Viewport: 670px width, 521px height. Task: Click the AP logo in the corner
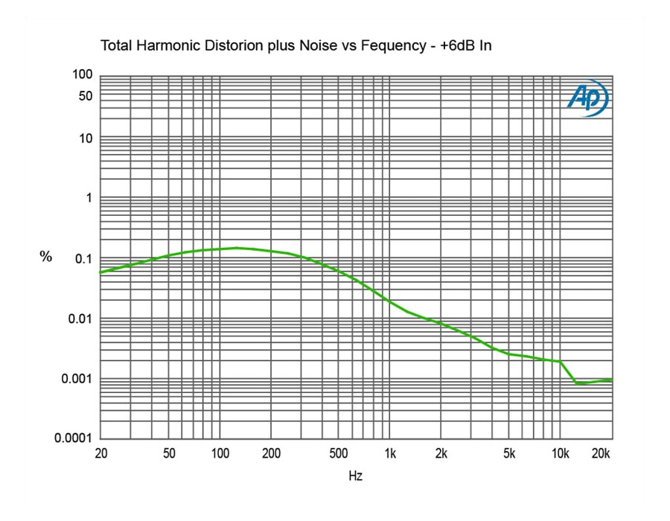tap(587, 98)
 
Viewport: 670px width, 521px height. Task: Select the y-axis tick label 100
tap(82, 74)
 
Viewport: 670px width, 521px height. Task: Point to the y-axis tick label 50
tap(85, 96)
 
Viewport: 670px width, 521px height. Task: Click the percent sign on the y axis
tap(46, 257)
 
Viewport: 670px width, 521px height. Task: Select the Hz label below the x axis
tap(356, 475)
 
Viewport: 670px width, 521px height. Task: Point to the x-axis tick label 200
tap(270, 453)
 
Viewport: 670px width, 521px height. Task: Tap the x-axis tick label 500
tap(339, 453)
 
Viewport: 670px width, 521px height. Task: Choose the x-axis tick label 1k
tap(389, 453)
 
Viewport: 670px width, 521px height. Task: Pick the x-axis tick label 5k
tap(509, 453)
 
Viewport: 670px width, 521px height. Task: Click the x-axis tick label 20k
tap(601, 453)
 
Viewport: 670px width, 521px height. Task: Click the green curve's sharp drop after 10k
tap(568, 372)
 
